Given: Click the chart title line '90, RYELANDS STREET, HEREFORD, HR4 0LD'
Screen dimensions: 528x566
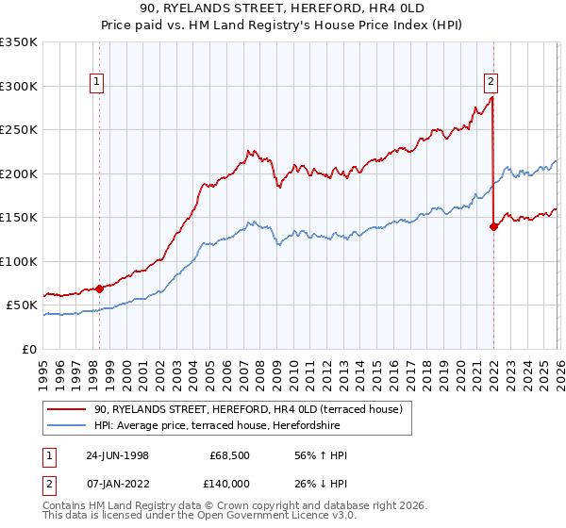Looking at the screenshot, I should click(x=282, y=8).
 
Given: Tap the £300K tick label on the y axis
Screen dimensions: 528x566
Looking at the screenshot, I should click(x=19, y=86).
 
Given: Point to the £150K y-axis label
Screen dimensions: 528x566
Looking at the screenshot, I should click(x=19, y=218).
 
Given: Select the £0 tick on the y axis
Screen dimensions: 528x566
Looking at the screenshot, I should click(x=29, y=349).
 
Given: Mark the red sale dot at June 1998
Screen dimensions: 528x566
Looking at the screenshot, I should click(x=100, y=289).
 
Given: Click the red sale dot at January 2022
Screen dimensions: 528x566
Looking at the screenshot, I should click(x=493, y=226).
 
